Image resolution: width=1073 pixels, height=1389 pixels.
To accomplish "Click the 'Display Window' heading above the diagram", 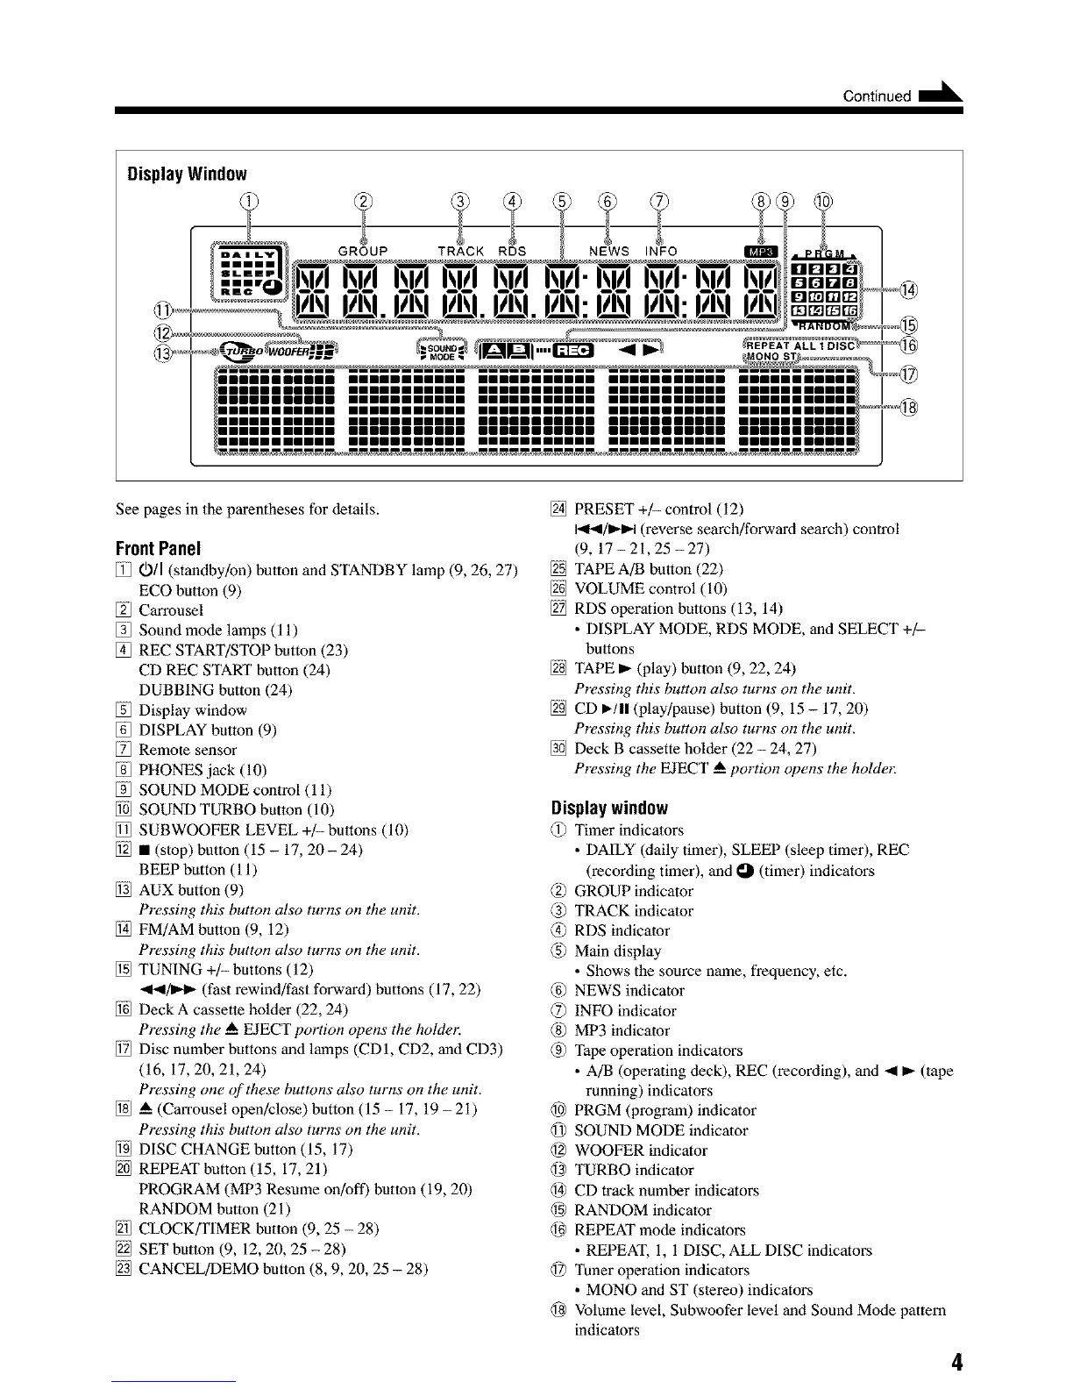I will [x=187, y=174].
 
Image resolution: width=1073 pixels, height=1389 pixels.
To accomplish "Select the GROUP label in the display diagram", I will [x=362, y=251].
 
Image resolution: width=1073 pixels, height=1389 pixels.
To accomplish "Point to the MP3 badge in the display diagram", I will [x=755, y=251].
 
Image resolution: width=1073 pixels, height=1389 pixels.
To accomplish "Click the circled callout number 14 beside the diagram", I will [x=908, y=290].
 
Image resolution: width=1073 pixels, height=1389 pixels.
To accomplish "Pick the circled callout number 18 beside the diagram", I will [x=908, y=407].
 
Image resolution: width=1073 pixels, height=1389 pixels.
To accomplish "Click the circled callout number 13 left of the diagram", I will [x=163, y=353].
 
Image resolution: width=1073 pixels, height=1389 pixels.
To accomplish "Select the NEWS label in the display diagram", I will [x=608, y=251].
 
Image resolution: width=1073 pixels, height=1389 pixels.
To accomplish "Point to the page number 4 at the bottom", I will [x=956, y=1362].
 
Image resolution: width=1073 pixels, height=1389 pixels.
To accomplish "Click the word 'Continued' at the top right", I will [x=876, y=96].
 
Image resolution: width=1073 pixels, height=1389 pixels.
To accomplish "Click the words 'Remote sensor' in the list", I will [x=188, y=750].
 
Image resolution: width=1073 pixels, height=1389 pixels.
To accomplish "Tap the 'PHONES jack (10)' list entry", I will [x=203, y=770].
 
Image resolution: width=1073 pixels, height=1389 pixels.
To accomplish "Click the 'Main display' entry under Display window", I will [x=617, y=951].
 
